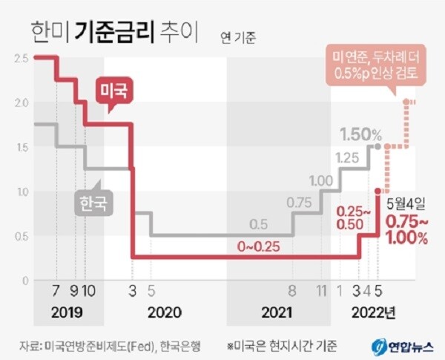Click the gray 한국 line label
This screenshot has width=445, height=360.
click(x=93, y=202)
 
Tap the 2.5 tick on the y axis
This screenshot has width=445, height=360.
click(x=21, y=58)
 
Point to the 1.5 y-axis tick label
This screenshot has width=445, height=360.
click(x=21, y=147)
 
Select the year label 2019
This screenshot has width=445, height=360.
click(x=67, y=312)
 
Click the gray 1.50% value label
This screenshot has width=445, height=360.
click(x=360, y=135)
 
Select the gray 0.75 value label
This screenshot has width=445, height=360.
click(x=298, y=203)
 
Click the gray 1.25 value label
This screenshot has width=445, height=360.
click(x=346, y=157)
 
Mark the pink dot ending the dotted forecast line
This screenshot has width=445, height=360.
click(x=406, y=102)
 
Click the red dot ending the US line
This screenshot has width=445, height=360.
click(x=378, y=191)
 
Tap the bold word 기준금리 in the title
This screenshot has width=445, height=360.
click(x=119, y=33)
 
